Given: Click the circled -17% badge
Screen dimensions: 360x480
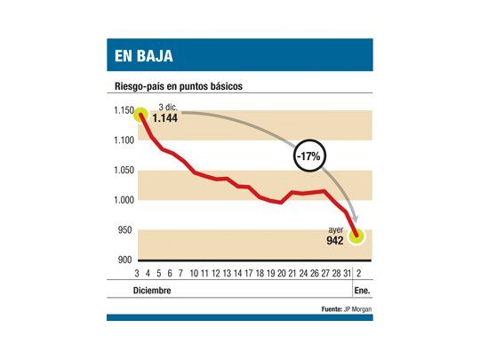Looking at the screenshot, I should click(x=309, y=156).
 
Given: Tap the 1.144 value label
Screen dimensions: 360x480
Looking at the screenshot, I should click(x=165, y=117).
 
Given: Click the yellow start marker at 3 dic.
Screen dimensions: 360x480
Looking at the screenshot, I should click(x=141, y=114).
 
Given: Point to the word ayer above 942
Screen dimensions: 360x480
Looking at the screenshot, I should click(x=336, y=229).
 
